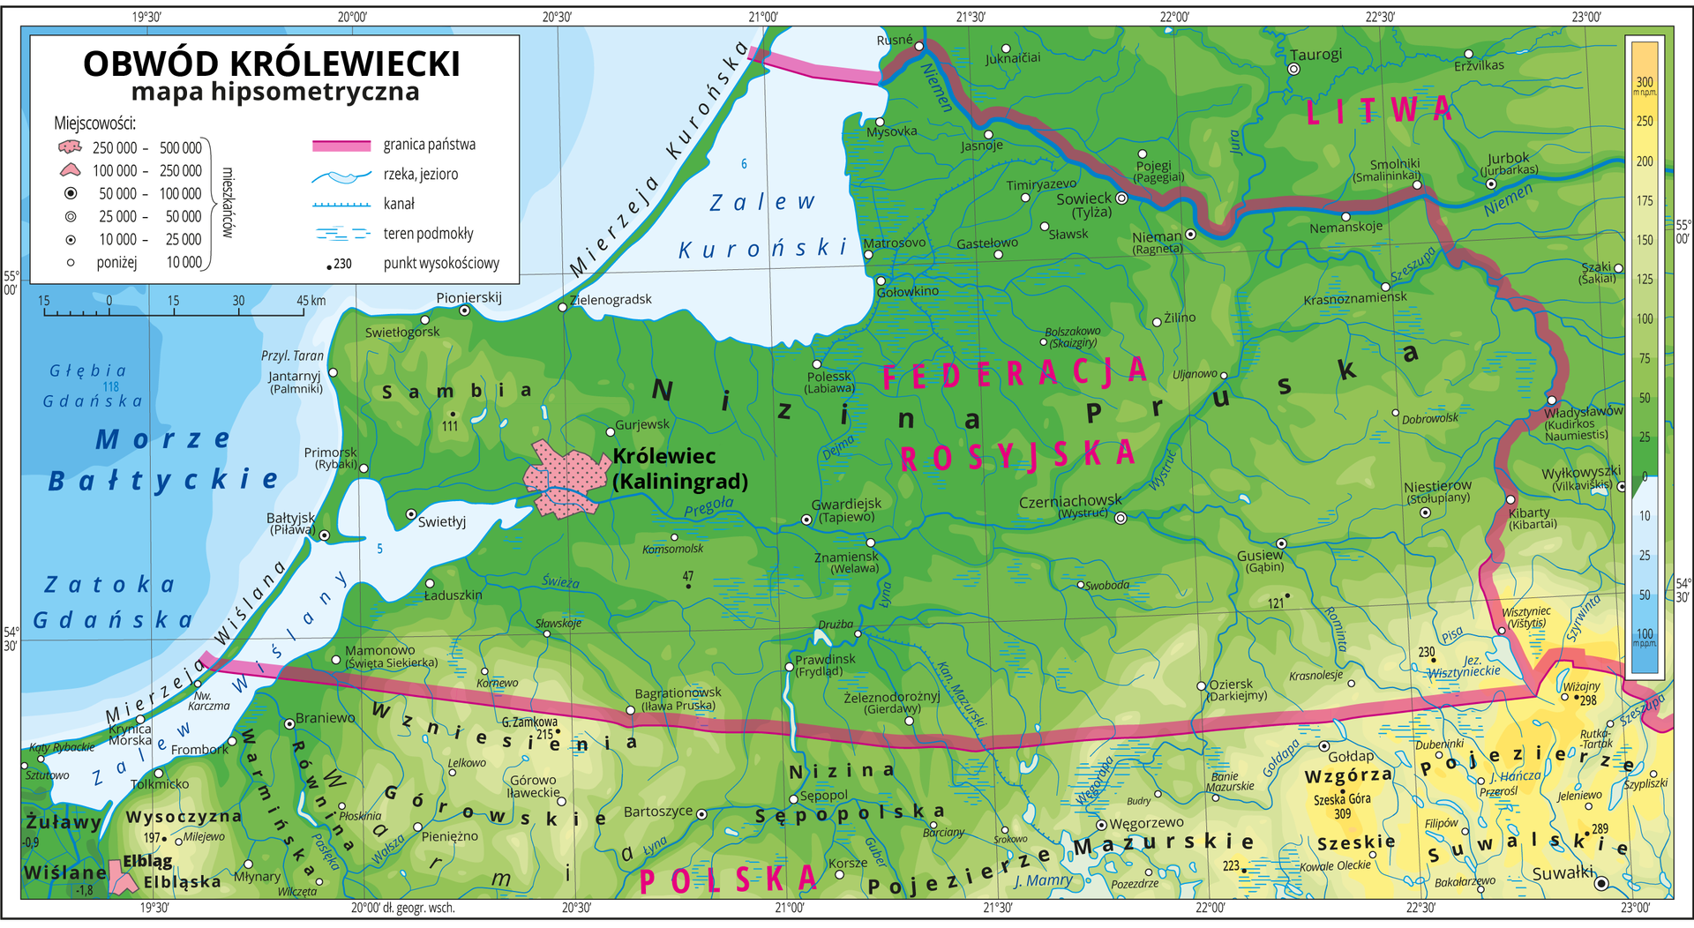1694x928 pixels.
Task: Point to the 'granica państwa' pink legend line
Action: click(x=341, y=146)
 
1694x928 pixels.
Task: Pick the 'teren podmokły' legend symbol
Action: click(x=341, y=234)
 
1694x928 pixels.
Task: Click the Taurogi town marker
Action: click(x=1294, y=69)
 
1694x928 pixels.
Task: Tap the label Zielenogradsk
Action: click(x=611, y=300)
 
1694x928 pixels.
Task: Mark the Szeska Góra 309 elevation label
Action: click(x=1342, y=805)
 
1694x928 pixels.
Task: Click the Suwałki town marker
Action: click(x=1600, y=883)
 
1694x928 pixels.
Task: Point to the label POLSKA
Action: click(x=728, y=879)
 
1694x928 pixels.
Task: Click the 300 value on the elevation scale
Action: click(x=1645, y=82)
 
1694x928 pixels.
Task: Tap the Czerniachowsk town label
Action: click(x=1070, y=502)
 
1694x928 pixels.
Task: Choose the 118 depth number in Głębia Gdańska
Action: click(x=110, y=386)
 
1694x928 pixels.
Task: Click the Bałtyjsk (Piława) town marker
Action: click(x=324, y=535)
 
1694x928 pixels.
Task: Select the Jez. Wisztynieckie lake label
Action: click(x=1469, y=667)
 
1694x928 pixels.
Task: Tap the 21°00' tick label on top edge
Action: click(x=763, y=16)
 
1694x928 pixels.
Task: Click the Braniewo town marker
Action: click(x=289, y=724)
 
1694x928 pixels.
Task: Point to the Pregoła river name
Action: click(x=708, y=507)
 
